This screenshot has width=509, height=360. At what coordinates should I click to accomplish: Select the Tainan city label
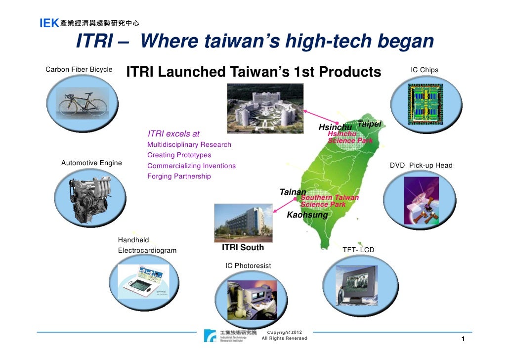click(293, 192)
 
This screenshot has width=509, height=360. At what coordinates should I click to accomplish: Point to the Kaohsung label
click(307, 215)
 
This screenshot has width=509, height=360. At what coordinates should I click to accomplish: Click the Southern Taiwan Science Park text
click(330, 201)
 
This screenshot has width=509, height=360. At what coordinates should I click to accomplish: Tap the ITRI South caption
click(243, 247)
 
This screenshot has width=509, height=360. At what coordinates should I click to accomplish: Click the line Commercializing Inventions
click(191, 166)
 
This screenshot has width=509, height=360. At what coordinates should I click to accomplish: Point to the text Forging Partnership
click(179, 176)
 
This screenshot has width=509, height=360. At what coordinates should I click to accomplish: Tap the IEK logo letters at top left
click(49, 23)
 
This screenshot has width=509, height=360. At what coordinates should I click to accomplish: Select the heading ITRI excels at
click(173, 134)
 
